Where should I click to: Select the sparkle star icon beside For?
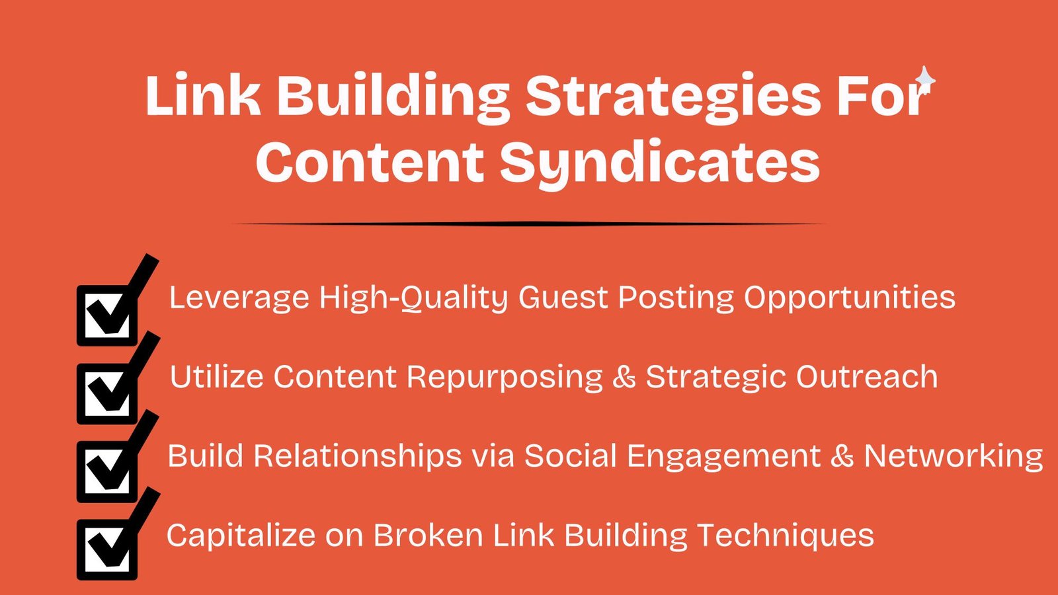coord(925,80)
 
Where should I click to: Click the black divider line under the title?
coord(528,224)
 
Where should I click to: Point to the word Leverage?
coord(239,298)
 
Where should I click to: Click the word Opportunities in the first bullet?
coord(850,298)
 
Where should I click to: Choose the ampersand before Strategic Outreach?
coord(624,377)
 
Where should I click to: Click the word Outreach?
coord(867,376)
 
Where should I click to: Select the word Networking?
coord(953,457)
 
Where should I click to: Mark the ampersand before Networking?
coord(842,456)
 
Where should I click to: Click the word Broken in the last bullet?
coord(428,535)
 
